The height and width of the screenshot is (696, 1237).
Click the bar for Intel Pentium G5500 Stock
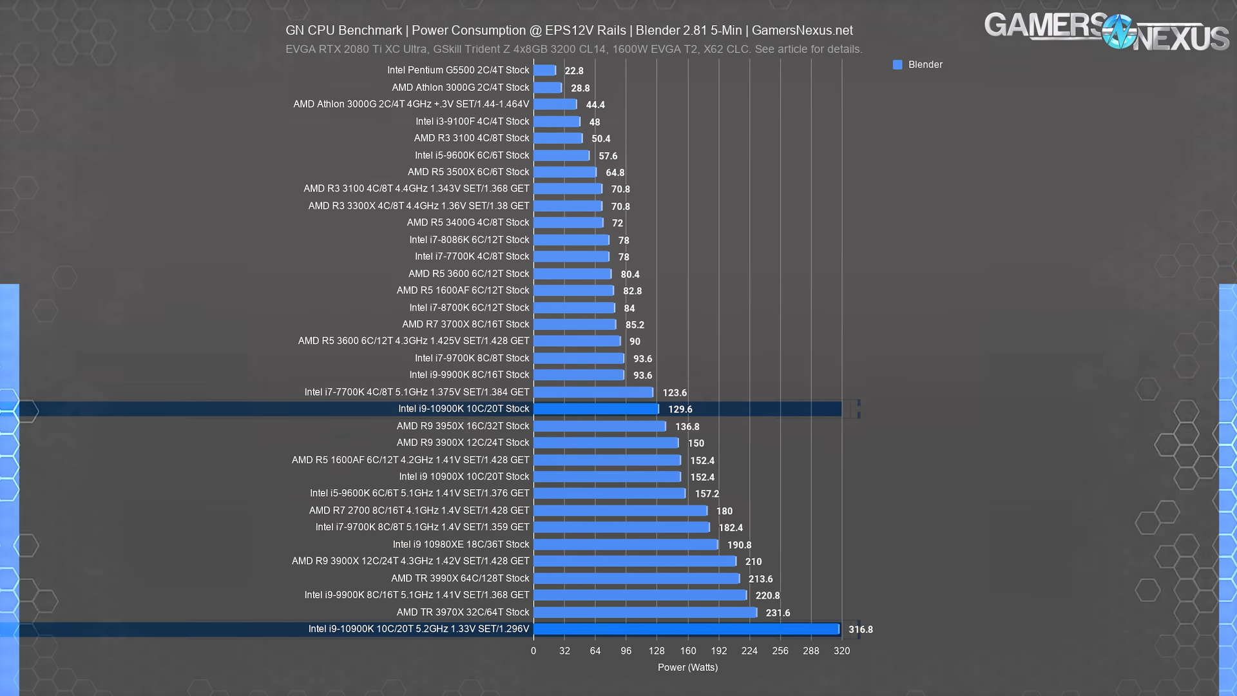point(544,70)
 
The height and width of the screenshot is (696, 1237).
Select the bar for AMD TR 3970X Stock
point(645,612)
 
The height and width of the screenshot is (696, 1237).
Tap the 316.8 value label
point(860,630)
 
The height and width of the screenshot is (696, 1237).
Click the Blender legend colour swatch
point(897,64)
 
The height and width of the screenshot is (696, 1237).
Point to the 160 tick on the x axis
point(688,651)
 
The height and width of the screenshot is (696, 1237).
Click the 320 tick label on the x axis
point(841,651)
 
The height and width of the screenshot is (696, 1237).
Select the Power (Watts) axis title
point(687,668)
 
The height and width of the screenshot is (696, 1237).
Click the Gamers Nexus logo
point(1106,31)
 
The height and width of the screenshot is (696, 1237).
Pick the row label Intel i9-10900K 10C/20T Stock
point(463,409)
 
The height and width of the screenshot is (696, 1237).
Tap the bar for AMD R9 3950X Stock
point(599,426)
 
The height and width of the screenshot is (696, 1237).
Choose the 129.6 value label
point(680,409)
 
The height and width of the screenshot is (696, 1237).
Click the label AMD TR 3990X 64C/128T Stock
point(460,578)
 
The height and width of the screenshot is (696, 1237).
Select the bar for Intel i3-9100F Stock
point(557,121)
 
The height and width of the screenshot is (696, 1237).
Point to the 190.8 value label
point(739,545)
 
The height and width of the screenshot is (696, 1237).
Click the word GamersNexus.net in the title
point(802,30)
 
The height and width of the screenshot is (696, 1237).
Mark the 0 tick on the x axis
point(533,651)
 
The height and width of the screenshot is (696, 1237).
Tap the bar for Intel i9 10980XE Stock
point(626,545)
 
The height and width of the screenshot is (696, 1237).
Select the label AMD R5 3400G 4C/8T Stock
point(468,222)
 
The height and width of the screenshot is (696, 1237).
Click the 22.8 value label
point(573,71)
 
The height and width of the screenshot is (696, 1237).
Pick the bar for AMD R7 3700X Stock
point(575,324)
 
